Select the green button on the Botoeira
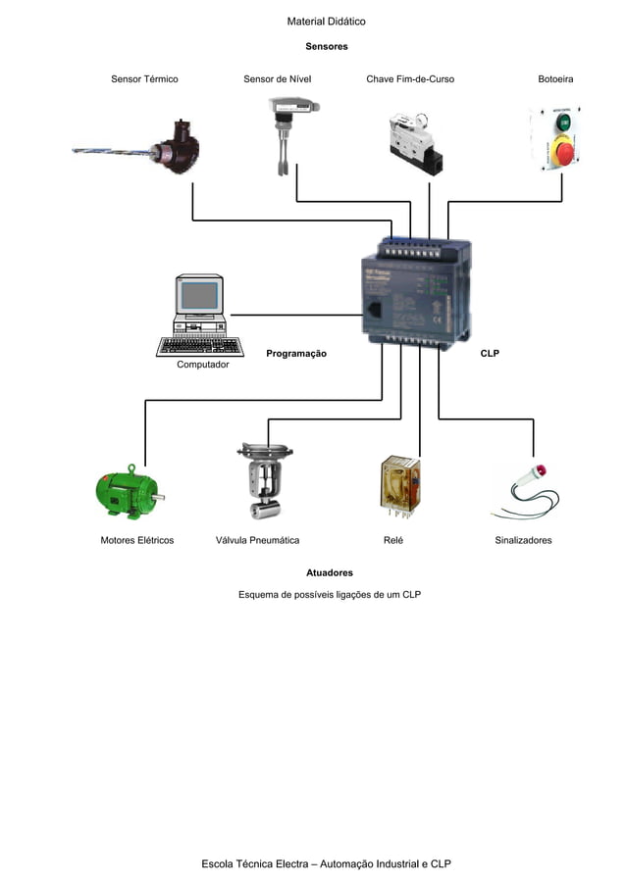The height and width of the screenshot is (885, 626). point(563,123)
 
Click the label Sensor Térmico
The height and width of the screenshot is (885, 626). point(144,78)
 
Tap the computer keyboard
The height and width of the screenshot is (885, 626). point(200,346)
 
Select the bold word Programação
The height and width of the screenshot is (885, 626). point(296,353)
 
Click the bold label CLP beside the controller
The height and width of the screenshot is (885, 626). point(489,353)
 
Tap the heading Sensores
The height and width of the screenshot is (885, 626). point(327,46)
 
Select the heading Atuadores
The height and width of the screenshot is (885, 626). point(330,572)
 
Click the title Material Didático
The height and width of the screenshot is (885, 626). point(327,22)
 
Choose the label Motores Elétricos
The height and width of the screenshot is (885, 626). point(137,540)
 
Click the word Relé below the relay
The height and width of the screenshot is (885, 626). point(392,540)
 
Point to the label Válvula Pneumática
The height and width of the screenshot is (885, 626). point(257,540)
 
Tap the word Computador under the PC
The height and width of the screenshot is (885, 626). point(203,365)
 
